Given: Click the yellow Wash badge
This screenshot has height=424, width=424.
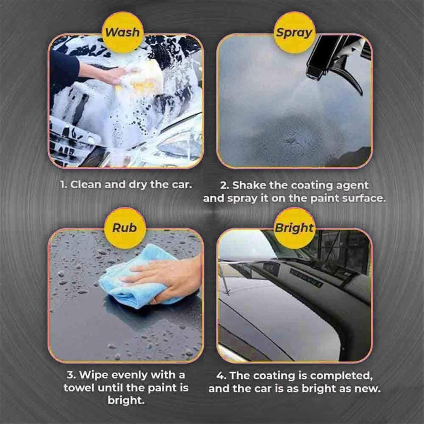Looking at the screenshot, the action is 123,32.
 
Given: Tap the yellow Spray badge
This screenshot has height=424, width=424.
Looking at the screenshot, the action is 294,32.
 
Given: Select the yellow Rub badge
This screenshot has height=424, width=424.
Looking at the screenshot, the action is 125,228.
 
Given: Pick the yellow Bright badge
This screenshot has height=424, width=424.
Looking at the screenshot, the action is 294,228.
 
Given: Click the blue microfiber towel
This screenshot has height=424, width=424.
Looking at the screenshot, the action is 135,279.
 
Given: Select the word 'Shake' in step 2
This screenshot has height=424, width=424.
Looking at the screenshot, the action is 246,185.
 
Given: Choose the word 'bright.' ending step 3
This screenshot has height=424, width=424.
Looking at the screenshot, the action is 126,400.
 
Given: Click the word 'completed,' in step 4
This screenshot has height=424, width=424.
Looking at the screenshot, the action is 340,376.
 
